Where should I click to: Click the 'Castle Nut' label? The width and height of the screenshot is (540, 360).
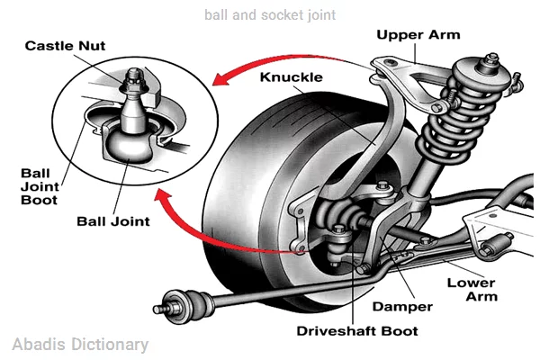point(62,45)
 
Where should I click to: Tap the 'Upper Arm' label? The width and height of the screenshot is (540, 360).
point(418,36)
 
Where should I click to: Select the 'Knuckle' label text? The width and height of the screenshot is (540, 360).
point(291,77)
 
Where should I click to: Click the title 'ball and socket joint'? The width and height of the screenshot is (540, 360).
point(270,14)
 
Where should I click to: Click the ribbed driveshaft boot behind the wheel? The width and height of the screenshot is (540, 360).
point(346,220)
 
